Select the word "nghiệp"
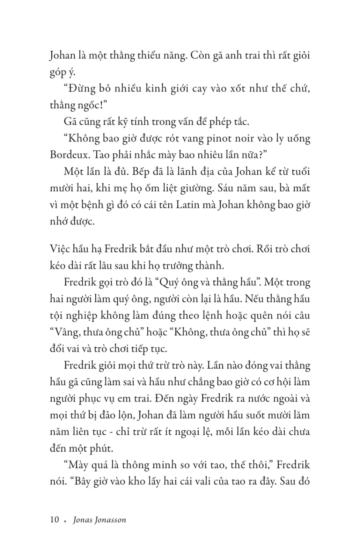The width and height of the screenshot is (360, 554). coord(82,316)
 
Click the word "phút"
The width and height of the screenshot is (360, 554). coord(101,449)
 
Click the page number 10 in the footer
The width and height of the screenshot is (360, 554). coord(54,520)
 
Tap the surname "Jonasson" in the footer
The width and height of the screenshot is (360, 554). coord(110,520)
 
